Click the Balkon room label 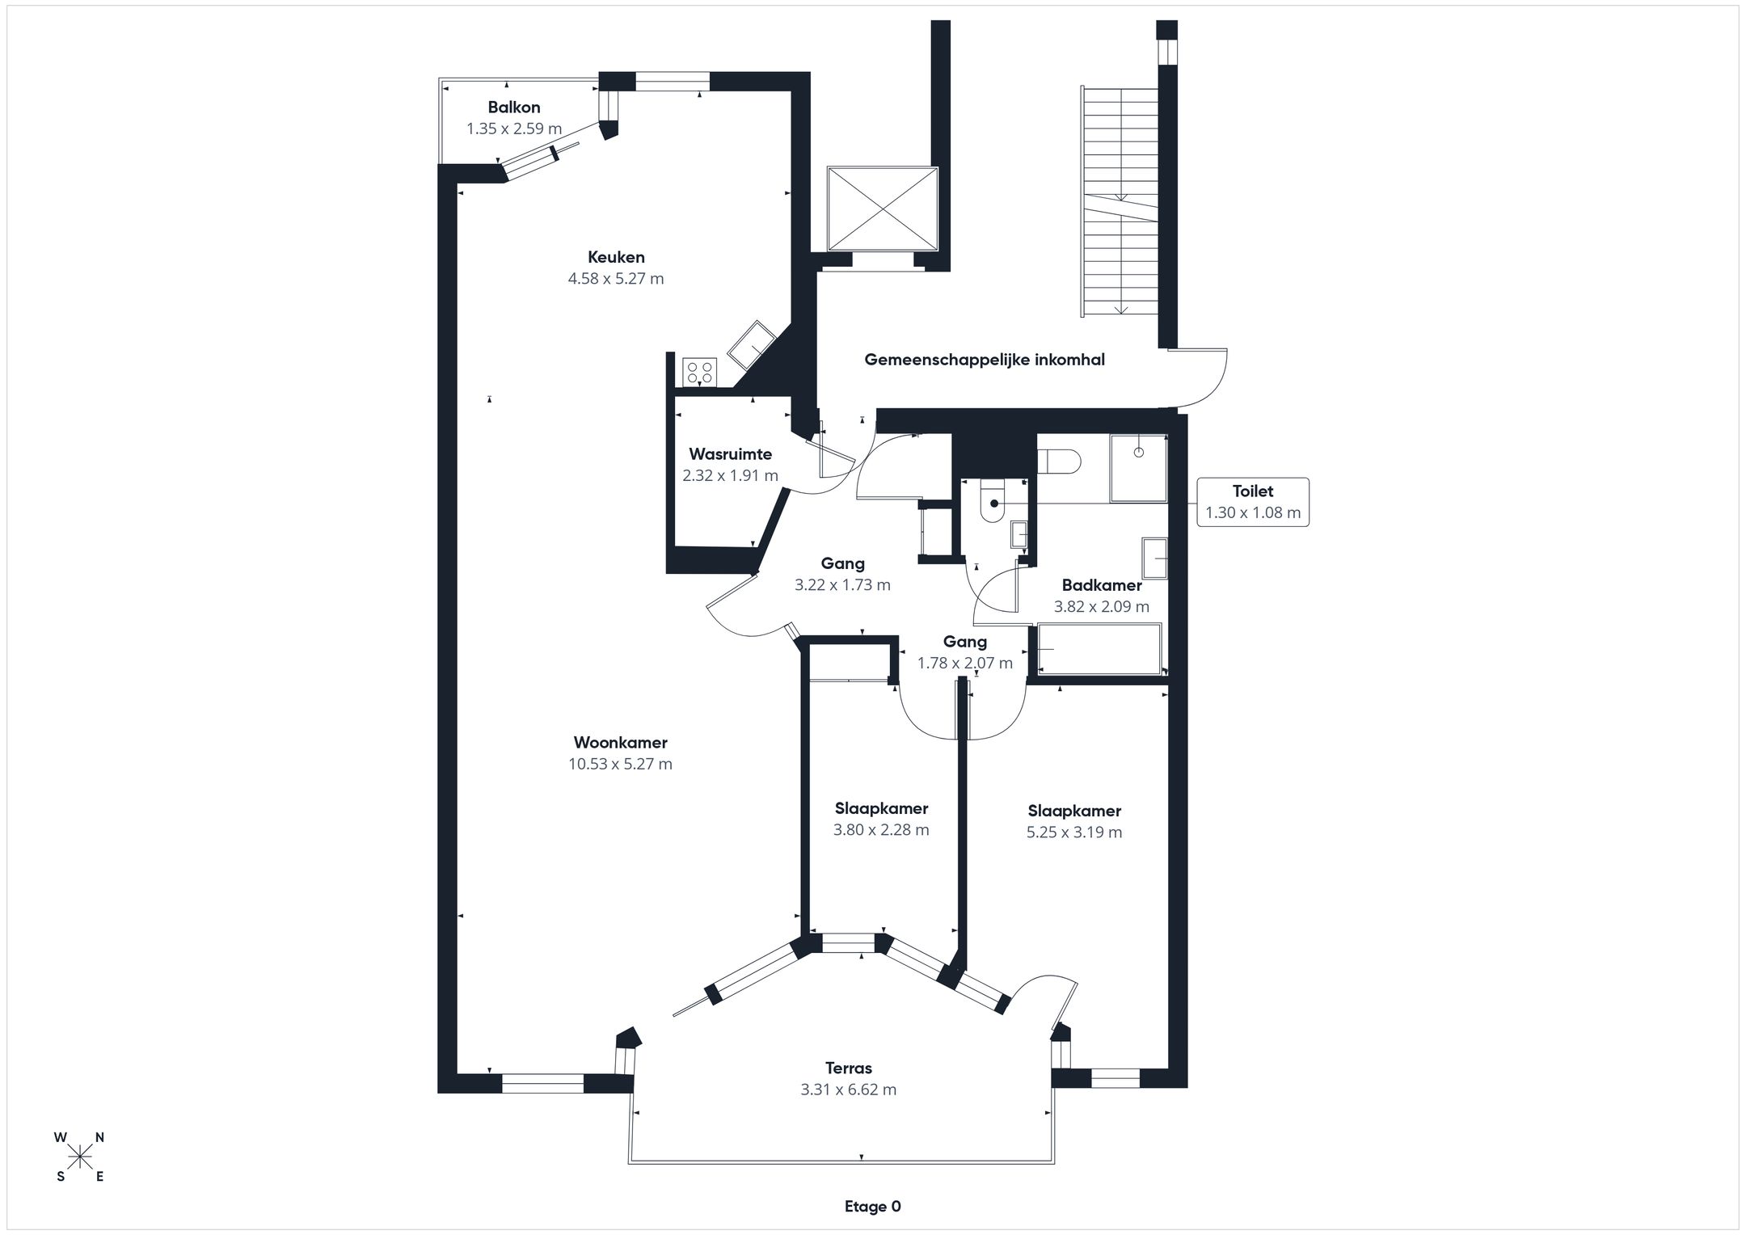pyautogui.click(x=514, y=107)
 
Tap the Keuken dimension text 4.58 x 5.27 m pyautogui.click(x=616, y=279)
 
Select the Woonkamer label pyautogui.click(x=621, y=742)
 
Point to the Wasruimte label pyautogui.click(x=730, y=454)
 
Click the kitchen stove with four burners pyautogui.click(x=700, y=372)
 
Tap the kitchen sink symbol pyautogui.click(x=752, y=345)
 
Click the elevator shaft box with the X pyautogui.click(x=883, y=209)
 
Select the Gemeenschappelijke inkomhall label pyautogui.click(x=985, y=360)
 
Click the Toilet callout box pyautogui.click(x=1253, y=502)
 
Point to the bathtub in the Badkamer pyautogui.click(x=1099, y=648)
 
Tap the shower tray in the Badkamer pyautogui.click(x=1139, y=469)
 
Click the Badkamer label pyautogui.click(x=1102, y=585)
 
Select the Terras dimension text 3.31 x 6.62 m pyautogui.click(x=849, y=1090)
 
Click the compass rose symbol pyautogui.click(x=79, y=1158)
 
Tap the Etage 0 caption pyautogui.click(x=873, y=1207)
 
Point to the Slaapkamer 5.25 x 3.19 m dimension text pyautogui.click(x=1074, y=832)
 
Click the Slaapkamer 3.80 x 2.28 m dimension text pyautogui.click(x=881, y=830)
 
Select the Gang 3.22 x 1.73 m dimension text pyautogui.click(x=842, y=585)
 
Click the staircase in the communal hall pyautogui.click(x=1120, y=201)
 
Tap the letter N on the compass pyautogui.click(x=99, y=1137)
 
